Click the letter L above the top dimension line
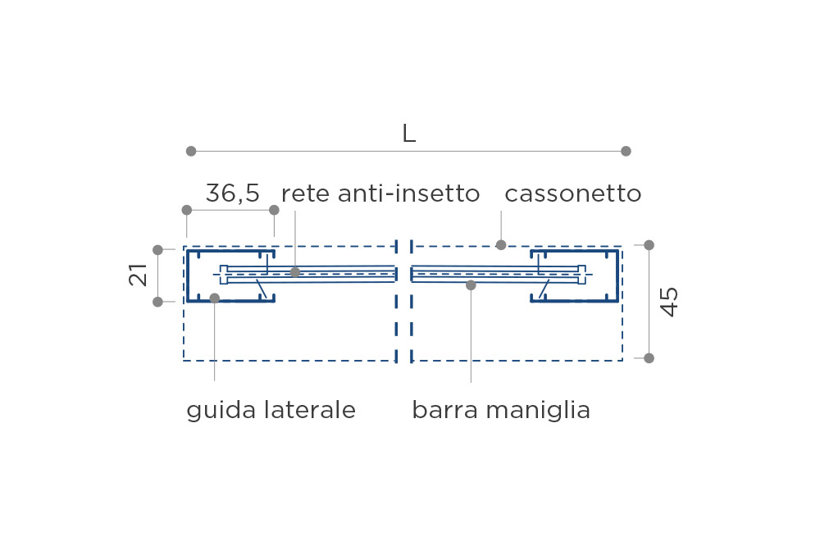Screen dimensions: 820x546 click(x=409, y=134)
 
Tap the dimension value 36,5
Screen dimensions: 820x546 click(x=233, y=193)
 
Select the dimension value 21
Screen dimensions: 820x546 click(x=138, y=275)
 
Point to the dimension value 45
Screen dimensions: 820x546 click(x=669, y=302)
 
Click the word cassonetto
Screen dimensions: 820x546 click(x=572, y=194)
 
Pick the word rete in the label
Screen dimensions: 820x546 click(x=306, y=194)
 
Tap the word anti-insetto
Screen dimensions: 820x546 click(x=409, y=193)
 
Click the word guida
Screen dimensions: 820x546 click(x=221, y=411)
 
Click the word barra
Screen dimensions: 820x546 click(x=445, y=410)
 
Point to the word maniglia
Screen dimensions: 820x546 click(x=538, y=411)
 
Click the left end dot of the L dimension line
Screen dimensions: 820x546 click(x=191, y=151)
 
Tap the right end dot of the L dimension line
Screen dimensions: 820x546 click(x=626, y=151)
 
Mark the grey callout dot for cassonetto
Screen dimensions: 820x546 click(x=501, y=245)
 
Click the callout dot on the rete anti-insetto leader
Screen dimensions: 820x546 click(x=295, y=272)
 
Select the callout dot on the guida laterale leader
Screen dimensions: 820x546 click(x=214, y=298)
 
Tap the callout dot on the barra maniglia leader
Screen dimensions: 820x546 click(x=471, y=285)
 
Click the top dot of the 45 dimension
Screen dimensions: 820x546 click(x=649, y=245)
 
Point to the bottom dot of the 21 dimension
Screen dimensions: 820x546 click(x=157, y=302)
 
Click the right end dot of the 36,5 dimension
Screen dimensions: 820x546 click(x=274, y=210)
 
